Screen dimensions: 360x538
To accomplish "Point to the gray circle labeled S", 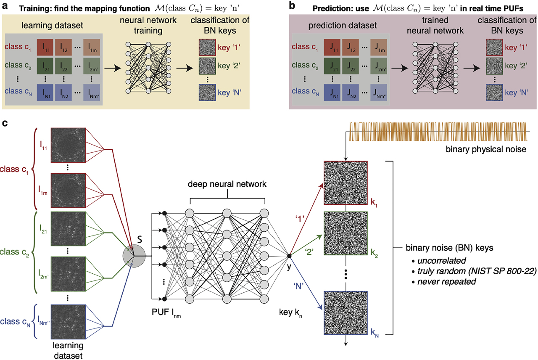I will [134, 256].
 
